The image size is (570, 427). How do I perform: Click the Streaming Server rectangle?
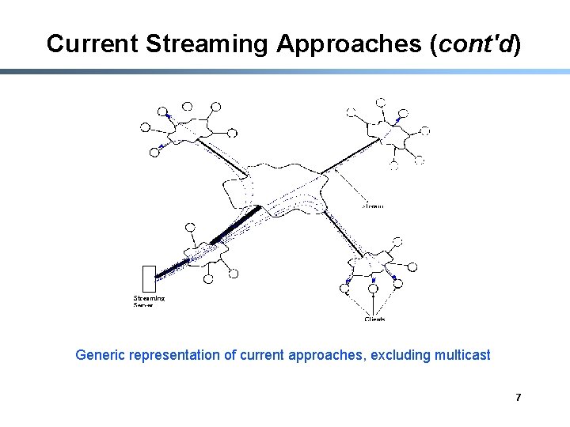coord(147,279)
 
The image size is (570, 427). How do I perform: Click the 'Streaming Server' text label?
coord(149,300)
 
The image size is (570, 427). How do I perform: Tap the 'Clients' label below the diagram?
coord(375,319)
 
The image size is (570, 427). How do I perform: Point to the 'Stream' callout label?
coord(372,206)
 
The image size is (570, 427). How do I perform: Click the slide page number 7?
coord(518,397)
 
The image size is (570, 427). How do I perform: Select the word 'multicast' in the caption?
coord(462,355)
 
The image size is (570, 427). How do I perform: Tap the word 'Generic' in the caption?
coord(101,355)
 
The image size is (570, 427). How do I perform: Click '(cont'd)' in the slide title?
coord(474,44)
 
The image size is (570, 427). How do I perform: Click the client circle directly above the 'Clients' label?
coord(371,285)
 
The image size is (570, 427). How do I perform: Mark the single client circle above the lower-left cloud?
coord(190,228)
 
